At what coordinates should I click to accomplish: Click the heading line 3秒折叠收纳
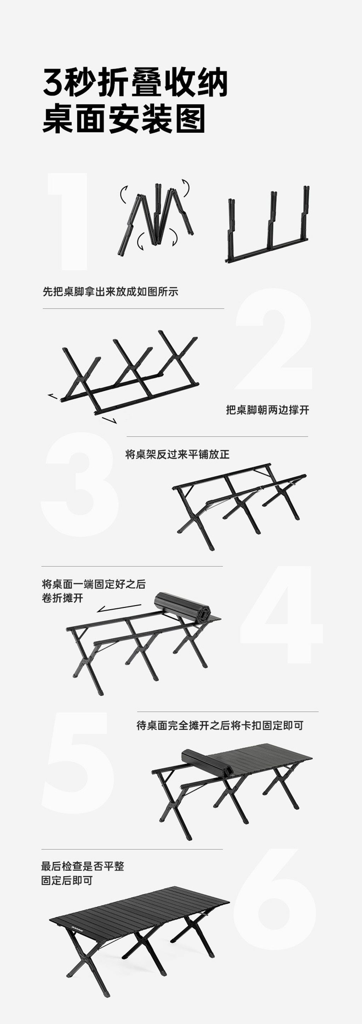pos(135,82)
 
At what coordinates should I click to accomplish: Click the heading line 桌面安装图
pos(124,119)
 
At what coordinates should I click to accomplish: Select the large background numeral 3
pos(80,484)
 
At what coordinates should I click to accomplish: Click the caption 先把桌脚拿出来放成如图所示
pos(110,291)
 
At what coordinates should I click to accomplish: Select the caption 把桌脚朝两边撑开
pos(267,410)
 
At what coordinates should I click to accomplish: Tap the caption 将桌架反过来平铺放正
pos(177,454)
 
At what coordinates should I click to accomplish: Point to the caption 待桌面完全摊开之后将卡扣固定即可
pos(220,725)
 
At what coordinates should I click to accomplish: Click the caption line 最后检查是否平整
pos(83,866)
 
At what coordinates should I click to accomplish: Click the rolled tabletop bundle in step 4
pos(182,606)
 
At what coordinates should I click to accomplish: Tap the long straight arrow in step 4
pos(119,608)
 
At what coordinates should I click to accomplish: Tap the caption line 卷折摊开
pos(62,598)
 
